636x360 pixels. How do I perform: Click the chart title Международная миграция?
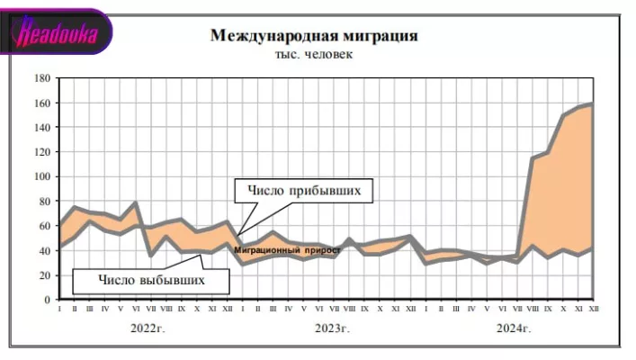coord(314,36)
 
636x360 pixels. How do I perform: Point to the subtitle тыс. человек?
coord(314,55)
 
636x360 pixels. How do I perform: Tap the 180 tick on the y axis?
coord(40,78)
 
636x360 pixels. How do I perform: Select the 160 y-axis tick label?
coord(40,103)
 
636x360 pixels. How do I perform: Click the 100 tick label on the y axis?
coord(40,176)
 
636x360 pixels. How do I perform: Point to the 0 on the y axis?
coord(46,300)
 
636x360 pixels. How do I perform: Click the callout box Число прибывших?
coord(304,192)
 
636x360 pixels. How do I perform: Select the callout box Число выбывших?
coord(151,280)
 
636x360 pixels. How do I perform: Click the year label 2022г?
coord(148,328)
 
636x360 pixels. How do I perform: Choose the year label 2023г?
coord(332,328)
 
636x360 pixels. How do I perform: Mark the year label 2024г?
coord(514,328)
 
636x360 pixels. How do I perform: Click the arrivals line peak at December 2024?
coord(592,103)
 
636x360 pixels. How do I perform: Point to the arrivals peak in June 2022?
coord(136,202)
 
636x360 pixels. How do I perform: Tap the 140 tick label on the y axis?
coord(40,127)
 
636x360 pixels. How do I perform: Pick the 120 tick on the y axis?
coord(40,152)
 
